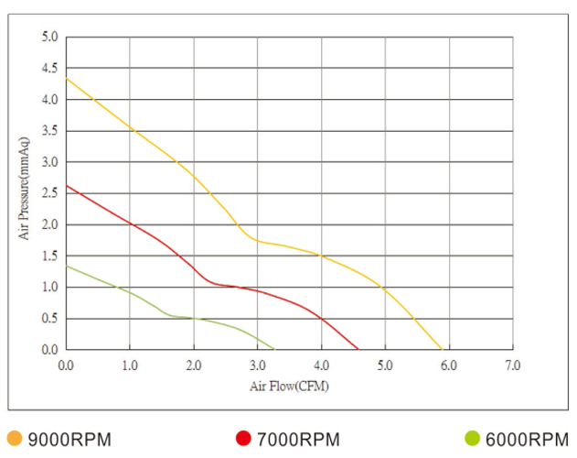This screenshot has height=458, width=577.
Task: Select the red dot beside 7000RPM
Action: click(243, 438)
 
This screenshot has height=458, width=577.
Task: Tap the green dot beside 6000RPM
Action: click(472, 438)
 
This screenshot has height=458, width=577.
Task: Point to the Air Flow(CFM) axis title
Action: click(289, 387)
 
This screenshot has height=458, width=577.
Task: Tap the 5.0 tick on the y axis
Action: click(49, 38)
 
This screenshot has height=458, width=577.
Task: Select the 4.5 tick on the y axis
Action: click(49, 69)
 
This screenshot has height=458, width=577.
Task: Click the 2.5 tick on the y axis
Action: click(49, 193)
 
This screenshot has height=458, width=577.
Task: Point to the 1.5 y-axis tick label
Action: click(49, 256)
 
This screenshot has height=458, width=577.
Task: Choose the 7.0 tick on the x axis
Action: click(512, 365)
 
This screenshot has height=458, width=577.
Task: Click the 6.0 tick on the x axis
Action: click(448, 365)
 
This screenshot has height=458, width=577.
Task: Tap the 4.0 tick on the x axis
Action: click(321, 365)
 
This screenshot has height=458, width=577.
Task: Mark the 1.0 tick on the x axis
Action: click(130, 365)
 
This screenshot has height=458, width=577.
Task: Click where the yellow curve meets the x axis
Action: click(443, 350)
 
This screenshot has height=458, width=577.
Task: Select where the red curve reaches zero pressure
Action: click(358, 350)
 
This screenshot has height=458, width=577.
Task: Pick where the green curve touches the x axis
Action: click(274, 350)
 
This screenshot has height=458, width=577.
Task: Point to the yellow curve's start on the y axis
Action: click(67, 79)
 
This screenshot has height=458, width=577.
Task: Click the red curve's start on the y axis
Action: click(67, 186)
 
